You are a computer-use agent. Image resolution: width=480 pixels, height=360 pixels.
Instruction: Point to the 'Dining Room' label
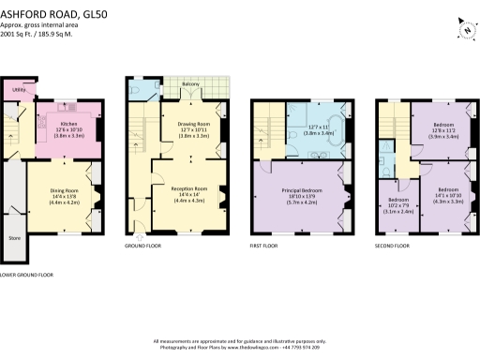pyautogui.click(x=64, y=191)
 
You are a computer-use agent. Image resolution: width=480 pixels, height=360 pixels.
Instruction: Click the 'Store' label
pyautogui.click(x=14, y=238)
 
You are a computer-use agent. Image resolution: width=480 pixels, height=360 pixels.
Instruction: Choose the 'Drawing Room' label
pyautogui.click(x=194, y=123)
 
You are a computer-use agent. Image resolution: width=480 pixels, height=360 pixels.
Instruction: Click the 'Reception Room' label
pyautogui.click(x=187, y=187)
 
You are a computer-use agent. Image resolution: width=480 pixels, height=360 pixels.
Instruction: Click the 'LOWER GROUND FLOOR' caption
pyautogui.click(x=27, y=275)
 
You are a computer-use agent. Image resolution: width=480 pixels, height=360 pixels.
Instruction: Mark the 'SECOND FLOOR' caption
pyautogui.click(x=392, y=246)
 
